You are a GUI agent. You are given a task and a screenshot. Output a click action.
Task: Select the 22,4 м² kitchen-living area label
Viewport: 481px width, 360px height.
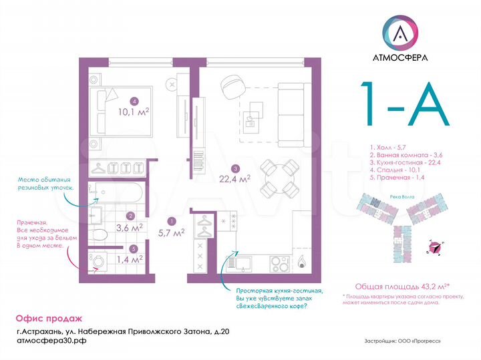(x=235, y=178)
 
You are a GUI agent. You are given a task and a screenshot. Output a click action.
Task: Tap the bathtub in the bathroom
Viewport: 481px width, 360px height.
(x=116, y=193)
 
